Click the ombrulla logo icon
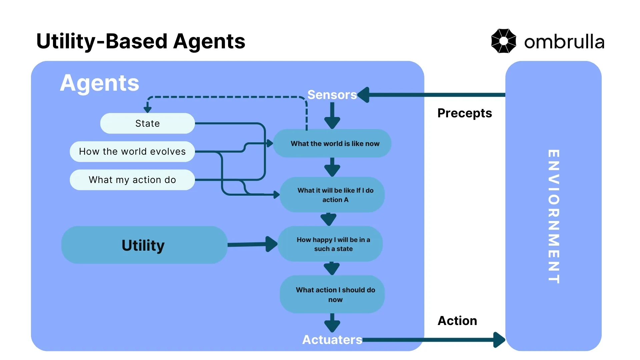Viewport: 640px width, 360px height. (x=503, y=41)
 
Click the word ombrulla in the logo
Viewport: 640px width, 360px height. (x=564, y=42)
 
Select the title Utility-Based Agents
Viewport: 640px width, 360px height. (x=141, y=41)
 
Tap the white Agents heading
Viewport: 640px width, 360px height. (x=99, y=83)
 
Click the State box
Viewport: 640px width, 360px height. (x=147, y=123)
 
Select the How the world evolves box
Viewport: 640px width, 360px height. (x=132, y=152)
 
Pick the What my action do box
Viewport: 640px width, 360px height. (x=132, y=180)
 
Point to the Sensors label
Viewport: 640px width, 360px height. (x=332, y=95)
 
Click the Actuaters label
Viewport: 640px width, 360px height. (x=332, y=340)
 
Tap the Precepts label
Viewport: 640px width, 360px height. (x=464, y=113)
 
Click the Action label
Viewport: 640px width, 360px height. (x=457, y=321)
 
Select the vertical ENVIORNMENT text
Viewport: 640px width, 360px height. (x=553, y=217)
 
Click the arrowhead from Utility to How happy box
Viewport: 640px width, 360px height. (x=272, y=244)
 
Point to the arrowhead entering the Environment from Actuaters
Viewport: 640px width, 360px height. (x=499, y=340)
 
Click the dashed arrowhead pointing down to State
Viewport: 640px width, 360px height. (x=147, y=109)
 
